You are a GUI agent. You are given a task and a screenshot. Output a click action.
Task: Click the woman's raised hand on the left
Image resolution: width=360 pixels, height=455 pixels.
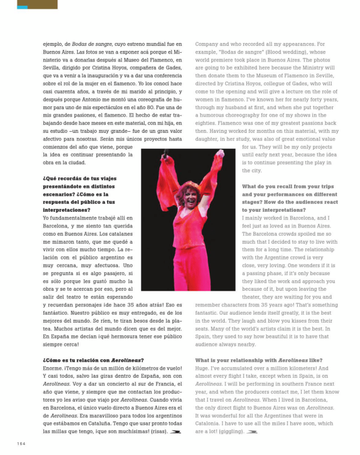pyautogui.click(x=167, y=155)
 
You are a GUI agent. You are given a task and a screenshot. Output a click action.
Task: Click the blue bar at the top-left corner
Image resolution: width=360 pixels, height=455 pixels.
pyautogui.click(x=22, y=8)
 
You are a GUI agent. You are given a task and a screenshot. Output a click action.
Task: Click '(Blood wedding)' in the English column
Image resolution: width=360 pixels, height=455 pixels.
pyautogui.click(x=292, y=52)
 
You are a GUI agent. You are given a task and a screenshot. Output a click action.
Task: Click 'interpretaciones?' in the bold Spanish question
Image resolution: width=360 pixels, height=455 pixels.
pyautogui.click(x=66, y=210)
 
